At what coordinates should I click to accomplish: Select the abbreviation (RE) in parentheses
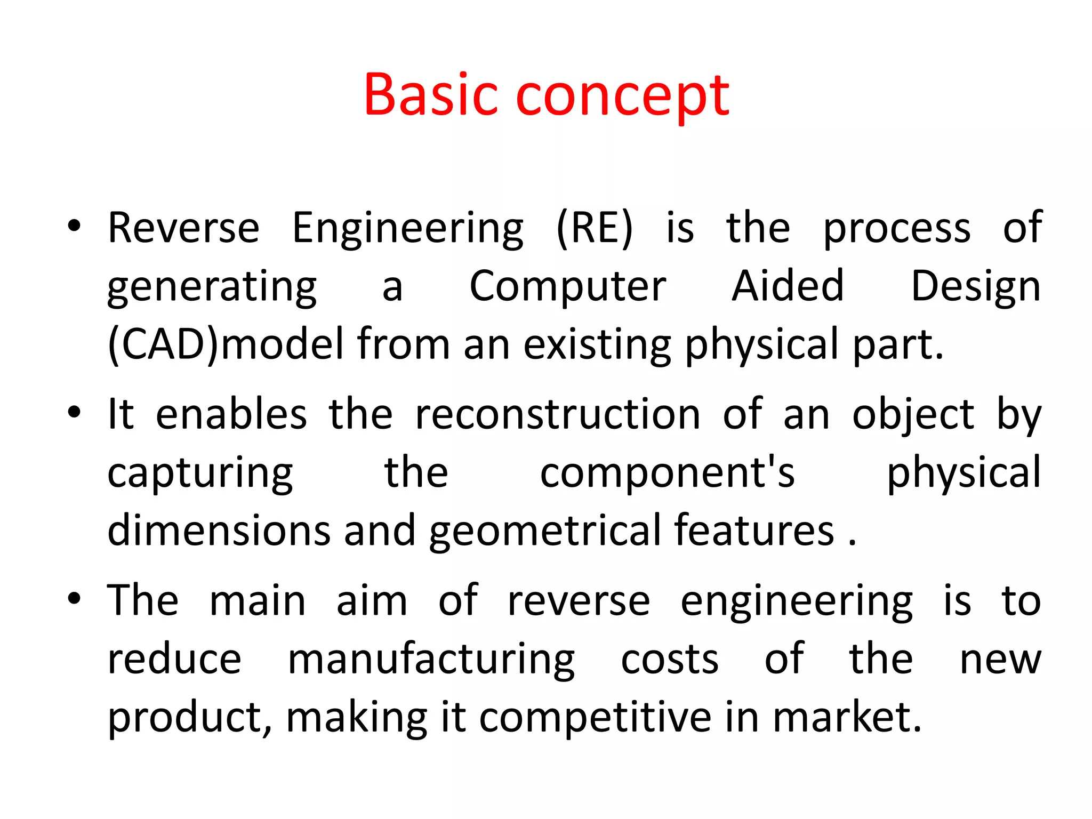(594, 228)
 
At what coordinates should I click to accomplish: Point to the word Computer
(567, 287)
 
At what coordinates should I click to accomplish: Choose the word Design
(975, 287)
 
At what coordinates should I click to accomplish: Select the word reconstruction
(557, 414)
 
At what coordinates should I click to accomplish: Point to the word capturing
(200, 473)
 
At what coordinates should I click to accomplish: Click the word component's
(667, 473)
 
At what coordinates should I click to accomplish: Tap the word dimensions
(219, 531)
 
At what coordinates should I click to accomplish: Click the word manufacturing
(431, 660)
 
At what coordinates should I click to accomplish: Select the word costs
(670, 660)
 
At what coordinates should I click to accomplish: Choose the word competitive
(595, 718)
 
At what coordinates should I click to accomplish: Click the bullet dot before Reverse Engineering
(74, 227)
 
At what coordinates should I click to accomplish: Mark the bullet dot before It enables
(74, 413)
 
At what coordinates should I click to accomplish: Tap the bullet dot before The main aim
(74, 599)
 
